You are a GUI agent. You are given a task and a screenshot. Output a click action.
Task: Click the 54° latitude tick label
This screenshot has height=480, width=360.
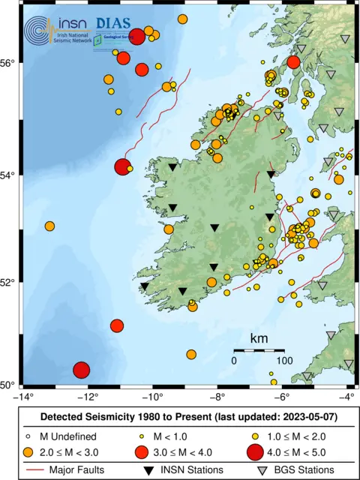pyautogui.click(x=10, y=175)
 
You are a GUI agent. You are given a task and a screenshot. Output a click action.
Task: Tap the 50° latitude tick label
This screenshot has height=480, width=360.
pyautogui.click(x=10, y=385)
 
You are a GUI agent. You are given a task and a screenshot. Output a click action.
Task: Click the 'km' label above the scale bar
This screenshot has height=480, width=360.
pyautogui.click(x=259, y=338)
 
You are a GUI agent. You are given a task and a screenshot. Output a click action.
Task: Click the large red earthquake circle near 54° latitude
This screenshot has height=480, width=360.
pyautogui.click(x=123, y=167)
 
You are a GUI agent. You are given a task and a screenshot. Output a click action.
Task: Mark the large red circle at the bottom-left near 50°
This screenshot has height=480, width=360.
pyautogui.click(x=81, y=370)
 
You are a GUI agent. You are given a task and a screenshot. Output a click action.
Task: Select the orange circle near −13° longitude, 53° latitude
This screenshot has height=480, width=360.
pyautogui.click(x=49, y=226)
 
